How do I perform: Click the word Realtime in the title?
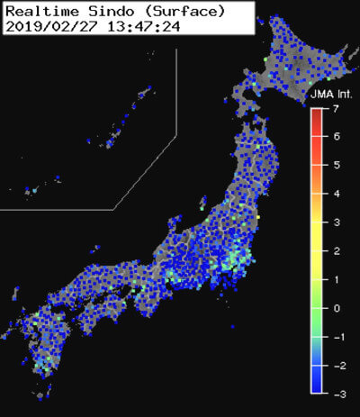click(38, 10)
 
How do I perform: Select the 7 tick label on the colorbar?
click(335, 109)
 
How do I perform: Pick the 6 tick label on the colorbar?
click(335, 137)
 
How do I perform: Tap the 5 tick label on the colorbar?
click(335, 166)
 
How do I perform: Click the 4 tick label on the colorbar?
click(335, 194)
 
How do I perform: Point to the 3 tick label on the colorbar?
click(335, 222)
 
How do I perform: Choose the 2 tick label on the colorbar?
click(335, 250)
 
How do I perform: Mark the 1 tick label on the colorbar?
click(335, 279)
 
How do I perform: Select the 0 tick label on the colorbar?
click(335, 308)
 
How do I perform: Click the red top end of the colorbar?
click(317, 113)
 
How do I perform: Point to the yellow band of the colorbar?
click(317, 216)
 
